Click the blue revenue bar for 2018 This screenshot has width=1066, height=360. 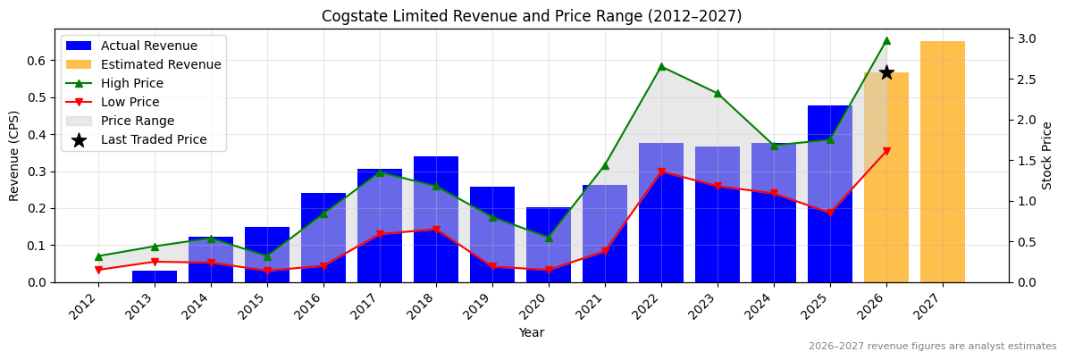(436, 220)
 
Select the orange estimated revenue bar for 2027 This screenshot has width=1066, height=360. (943, 162)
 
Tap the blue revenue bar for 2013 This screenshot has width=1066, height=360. (155, 277)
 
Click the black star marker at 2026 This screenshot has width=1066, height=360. (886, 72)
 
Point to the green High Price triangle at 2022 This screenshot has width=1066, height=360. (661, 66)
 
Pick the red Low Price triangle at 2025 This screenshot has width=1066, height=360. (830, 213)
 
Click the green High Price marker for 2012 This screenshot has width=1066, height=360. (98, 256)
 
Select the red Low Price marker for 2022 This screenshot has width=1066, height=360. (661, 172)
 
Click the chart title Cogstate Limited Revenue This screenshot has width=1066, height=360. (532, 16)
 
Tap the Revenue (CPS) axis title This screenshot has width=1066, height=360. (14, 155)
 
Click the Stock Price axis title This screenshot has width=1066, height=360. (1047, 155)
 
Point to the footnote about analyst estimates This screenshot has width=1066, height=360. (932, 347)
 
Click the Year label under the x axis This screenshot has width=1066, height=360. (532, 332)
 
